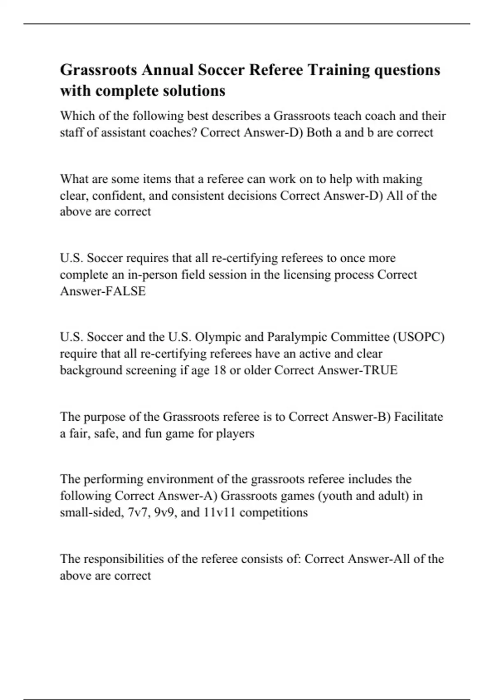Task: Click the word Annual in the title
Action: (167, 70)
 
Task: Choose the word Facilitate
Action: (419, 417)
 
